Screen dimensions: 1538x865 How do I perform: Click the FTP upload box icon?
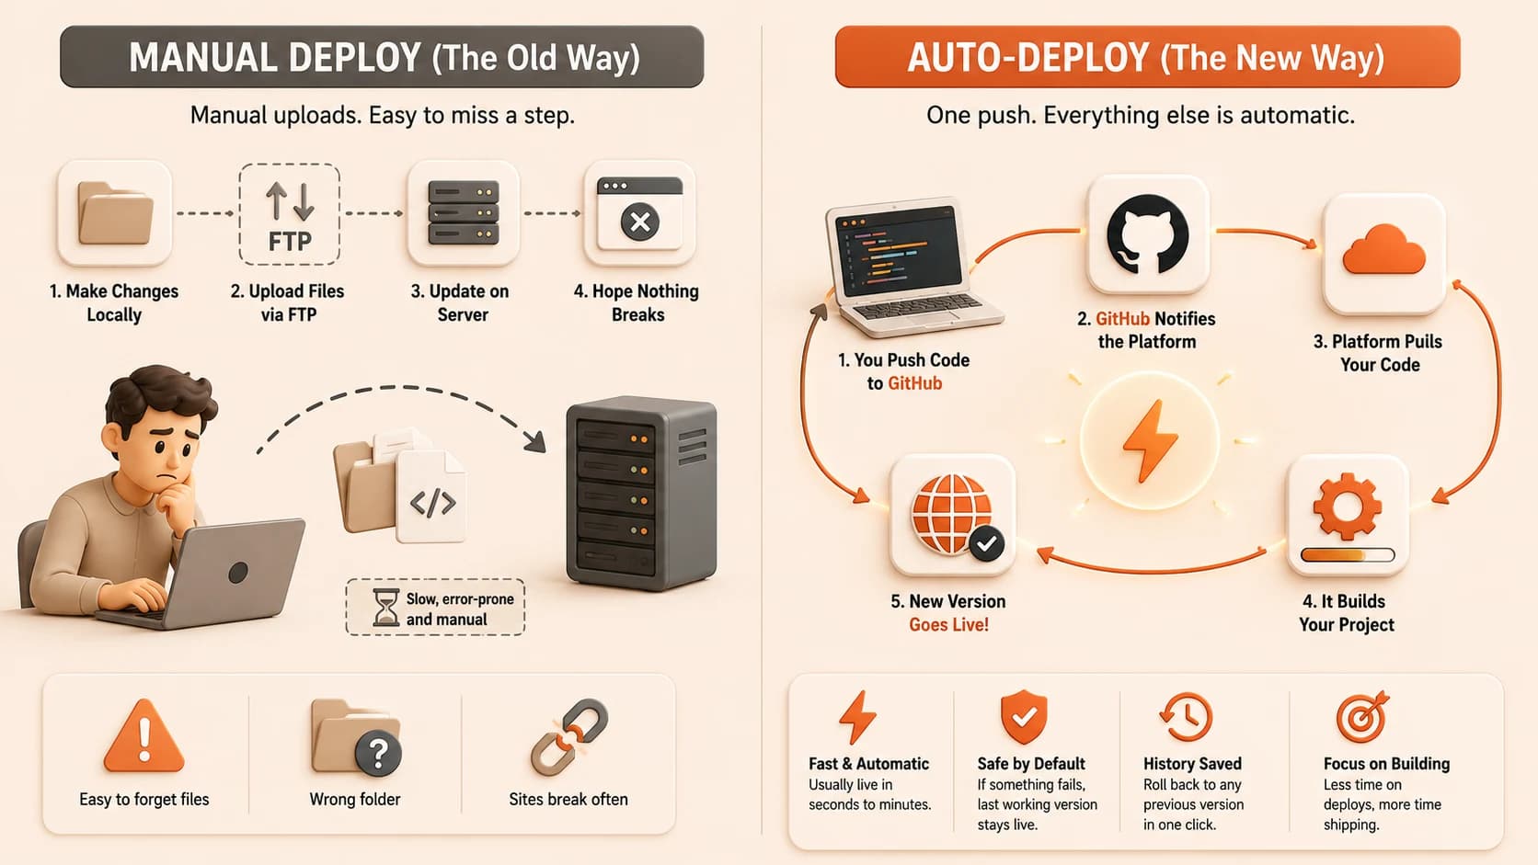[x=289, y=214]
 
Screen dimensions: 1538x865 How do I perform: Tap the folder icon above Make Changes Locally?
[x=115, y=213]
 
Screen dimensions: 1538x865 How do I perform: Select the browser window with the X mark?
[x=640, y=213]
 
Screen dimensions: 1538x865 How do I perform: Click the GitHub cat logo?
[x=1147, y=234]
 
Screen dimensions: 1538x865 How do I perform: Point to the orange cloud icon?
[x=1384, y=250]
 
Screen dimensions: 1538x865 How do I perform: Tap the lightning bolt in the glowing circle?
[x=1150, y=440]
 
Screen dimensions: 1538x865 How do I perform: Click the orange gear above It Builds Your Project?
[x=1347, y=506]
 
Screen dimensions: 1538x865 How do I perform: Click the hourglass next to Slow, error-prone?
[x=385, y=607]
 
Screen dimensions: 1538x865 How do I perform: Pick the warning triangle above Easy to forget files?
[x=144, y=736]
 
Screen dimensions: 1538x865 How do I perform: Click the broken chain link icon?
[x=569, y=737]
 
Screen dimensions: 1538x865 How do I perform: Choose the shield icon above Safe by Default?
[x=1024, y=717]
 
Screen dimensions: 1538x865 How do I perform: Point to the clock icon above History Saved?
[x=1186, y=717]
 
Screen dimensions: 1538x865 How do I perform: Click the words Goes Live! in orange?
[x=949, y=625]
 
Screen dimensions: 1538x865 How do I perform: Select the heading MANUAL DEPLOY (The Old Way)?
[x=384, y=57]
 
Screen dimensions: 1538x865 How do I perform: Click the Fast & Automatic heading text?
[x=868, y=764]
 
